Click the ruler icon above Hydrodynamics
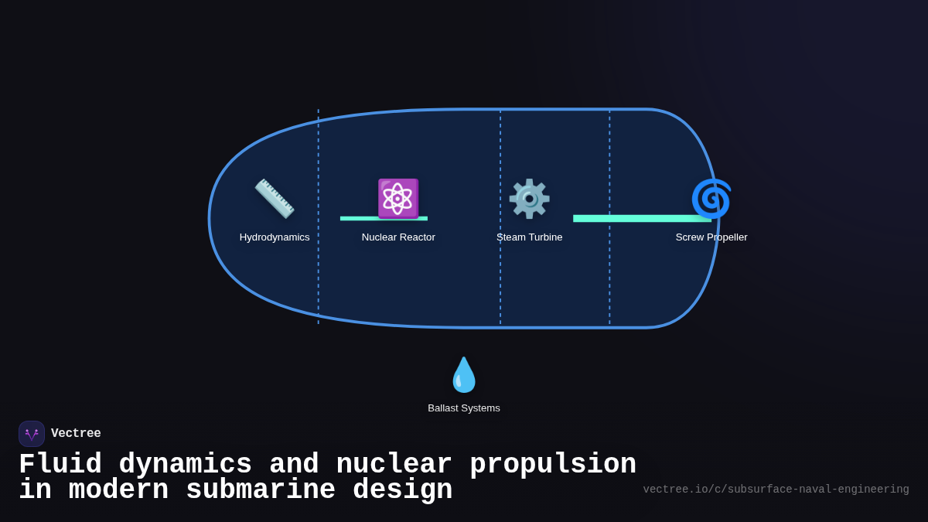[275, 199]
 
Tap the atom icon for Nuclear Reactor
[398, 199]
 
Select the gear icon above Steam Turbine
[529, 199]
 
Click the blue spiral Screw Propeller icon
[711, 199]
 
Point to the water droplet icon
[464, 375]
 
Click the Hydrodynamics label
[275, 237]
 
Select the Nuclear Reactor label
[398, 237]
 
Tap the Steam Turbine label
[529, 237]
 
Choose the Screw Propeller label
[711, 237]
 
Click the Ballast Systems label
[464, 408]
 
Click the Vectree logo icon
[32, 434]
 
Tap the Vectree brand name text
[76, 434]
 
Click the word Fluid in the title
[60, 465]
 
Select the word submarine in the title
[261, 490]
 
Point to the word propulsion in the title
[553, 465]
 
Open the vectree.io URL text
[776, 490]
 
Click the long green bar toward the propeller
[642, 219]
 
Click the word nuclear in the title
[394, 465]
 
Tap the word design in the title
[402, 490]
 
